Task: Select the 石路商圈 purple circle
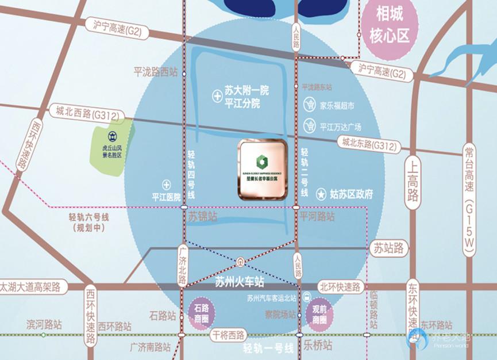(x=201, y=313)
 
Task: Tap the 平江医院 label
(x=167, y=197)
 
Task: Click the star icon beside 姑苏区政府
(x=320, y=194)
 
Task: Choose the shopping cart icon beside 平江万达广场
(x=311, y=125)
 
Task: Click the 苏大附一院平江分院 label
(x=246, y=97)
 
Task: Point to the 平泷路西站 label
(x=155, y=72)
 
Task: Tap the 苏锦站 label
(x=203, y=217)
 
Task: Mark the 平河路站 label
(x=317, y=216)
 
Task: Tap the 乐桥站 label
(x=318, y=345)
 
